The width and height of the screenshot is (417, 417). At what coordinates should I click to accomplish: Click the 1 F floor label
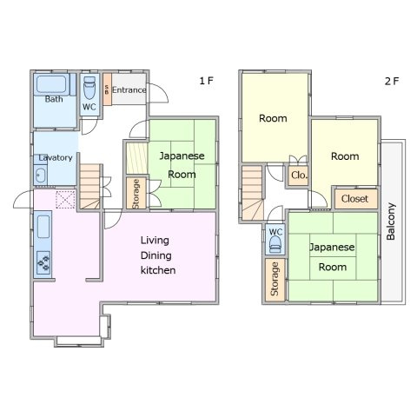coord(206,81)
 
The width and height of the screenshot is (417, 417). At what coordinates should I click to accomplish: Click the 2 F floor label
coord(392,81)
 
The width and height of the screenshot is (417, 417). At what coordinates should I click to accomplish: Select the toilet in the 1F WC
coord(89,88)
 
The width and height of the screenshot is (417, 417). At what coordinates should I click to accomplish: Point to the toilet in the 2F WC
coord(275,243)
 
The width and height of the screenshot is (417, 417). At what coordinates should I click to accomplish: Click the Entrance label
coord(129,89)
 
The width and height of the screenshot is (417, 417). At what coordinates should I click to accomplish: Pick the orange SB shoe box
coord(107,89)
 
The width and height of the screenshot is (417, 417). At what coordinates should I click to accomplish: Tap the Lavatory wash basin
coord(40,175)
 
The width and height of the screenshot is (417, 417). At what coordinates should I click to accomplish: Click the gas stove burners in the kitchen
coord(43,262)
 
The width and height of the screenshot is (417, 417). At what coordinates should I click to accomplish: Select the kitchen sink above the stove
coord(43,227)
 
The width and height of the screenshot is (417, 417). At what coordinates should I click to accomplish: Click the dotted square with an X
coord(65,200)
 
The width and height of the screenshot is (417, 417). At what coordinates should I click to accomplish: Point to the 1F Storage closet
coord(136,193)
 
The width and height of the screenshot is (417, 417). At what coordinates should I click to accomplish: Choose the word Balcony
coord(391,222)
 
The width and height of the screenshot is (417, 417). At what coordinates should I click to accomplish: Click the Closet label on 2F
coord(354,199)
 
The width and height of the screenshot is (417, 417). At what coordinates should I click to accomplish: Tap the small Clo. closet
coord(298,175)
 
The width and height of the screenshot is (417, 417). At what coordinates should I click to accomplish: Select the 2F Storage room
coord(275,279)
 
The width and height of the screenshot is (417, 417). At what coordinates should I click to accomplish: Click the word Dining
coord(156,255)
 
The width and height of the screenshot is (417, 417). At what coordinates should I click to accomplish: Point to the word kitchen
coord(158,270)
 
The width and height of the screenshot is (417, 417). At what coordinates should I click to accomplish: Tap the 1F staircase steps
coord(89,186)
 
